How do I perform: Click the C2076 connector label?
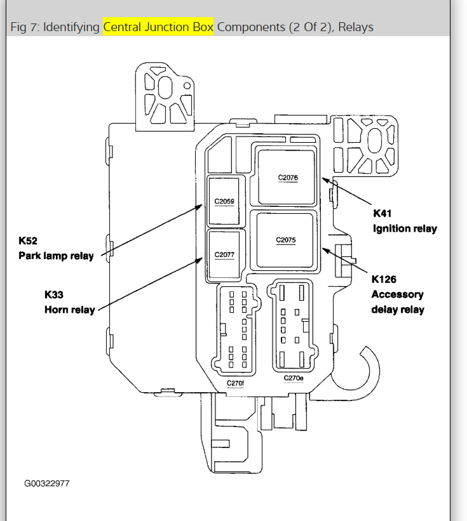pos(288,178)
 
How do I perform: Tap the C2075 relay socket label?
pos(286,240)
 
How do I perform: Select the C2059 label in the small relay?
pos(224,202)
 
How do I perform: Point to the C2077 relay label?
pos(224,254)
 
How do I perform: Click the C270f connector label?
pos(235,383)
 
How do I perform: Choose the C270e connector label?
pos(294,378)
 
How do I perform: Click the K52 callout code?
pos(29,241)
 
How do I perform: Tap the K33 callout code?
pos(54,294)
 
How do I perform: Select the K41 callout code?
pos(383,213)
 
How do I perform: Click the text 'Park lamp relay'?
pos(57,256)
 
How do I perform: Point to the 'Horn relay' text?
pos(69,310)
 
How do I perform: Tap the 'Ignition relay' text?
pos(405,228)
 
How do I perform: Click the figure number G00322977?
pos(47,484)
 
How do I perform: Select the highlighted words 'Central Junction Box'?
pos(158,27)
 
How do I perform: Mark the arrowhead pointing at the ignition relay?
pos(325,180)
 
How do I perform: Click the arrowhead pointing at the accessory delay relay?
pos(325,249)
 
